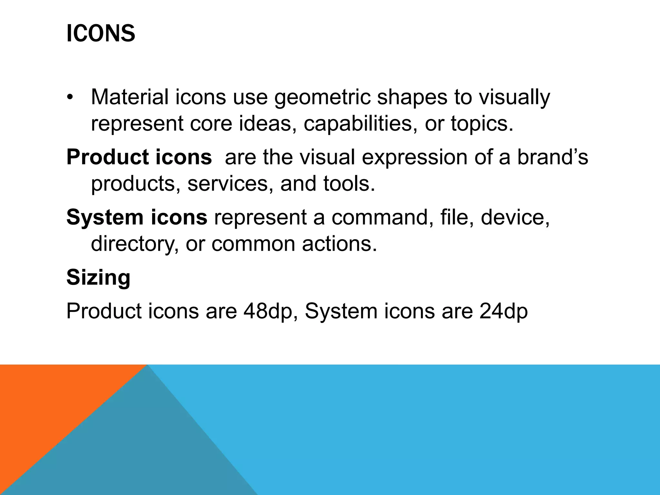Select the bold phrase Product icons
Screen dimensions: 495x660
coord(139,157)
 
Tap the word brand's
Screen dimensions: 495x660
coord(552,157)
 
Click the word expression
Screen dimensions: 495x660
coord(414,158)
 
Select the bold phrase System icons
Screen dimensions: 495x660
coord(137,217)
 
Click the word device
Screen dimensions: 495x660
coord(515,217)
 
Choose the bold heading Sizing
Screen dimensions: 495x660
coord(99,277)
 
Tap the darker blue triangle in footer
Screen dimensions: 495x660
coord(145,451)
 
